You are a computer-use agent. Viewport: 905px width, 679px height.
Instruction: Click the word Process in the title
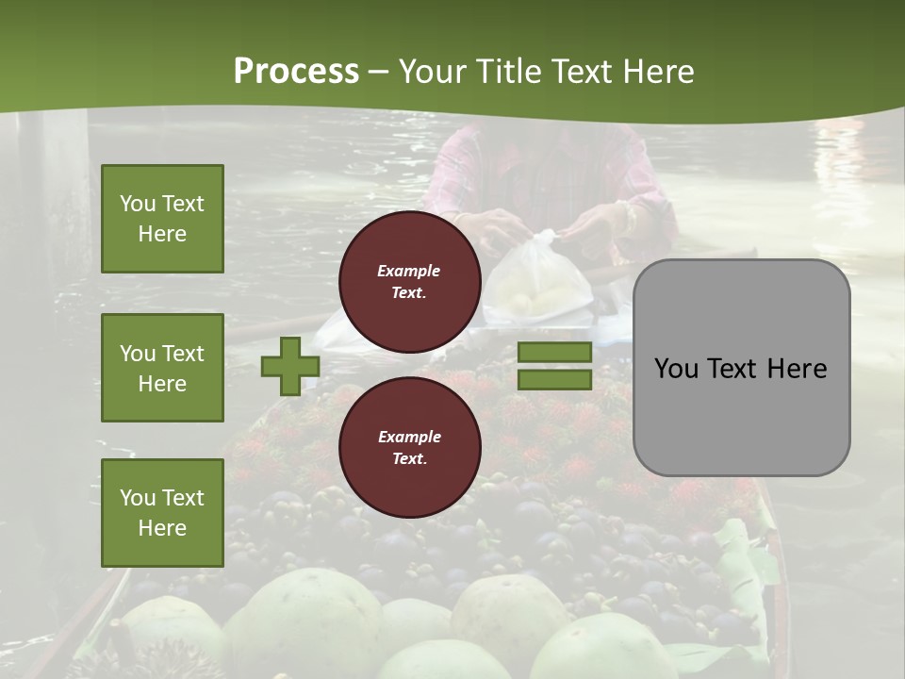[x=296, y=72]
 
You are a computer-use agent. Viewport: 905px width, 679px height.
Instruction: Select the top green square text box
[x=162, y=219]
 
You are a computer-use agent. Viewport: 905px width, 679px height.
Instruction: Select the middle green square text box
[x=162, y=368]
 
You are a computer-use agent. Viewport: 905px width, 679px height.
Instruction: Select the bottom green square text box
[x=162, y=513]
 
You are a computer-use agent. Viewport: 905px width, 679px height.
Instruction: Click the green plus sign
[x=290, y=366]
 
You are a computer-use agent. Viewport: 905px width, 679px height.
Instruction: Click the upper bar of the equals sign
[x=554, y=352]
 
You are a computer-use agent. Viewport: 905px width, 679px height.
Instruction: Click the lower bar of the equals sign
[x=554, y=379]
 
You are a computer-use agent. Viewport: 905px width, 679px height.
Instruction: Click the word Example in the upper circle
[x=408, y=271]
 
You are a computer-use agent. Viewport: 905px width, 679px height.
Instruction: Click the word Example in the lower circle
[x=409, y=437]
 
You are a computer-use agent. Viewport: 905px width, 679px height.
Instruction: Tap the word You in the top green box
[x=138, y=204]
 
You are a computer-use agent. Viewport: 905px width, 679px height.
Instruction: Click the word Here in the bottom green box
[x=162, y=528]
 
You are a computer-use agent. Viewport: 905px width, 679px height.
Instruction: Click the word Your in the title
[x=436, y=72]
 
